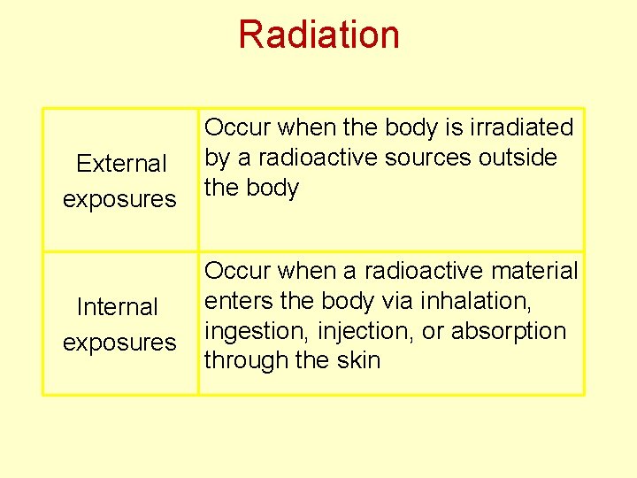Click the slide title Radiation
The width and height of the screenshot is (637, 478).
[x=318, y=35]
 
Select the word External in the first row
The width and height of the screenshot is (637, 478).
[x=121, y=164]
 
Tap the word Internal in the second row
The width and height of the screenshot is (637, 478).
[x=118, y=307]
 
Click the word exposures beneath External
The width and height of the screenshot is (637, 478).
[x=119, y=199]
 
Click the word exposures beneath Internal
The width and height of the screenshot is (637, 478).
[x=119, y=343]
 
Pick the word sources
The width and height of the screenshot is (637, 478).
[x=429, y=158]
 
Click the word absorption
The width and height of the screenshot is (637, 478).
[x=509, y=331]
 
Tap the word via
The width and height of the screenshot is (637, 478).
[x=397, y=301]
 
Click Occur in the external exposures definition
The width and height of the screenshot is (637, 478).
[x=237, y=128]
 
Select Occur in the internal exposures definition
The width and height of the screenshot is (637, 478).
[x=237, y=271]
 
